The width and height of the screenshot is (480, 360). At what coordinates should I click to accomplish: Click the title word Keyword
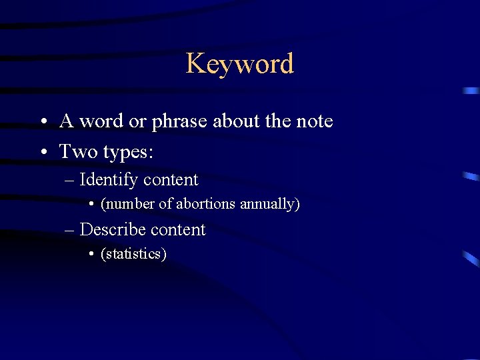point(239,64)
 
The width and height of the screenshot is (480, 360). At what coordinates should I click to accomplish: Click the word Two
point(79,152)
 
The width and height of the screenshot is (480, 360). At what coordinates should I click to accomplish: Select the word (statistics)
point(133,254)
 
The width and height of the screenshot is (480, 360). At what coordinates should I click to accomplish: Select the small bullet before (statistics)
point(92,254)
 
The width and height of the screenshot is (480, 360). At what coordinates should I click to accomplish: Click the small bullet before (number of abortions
point(92,204)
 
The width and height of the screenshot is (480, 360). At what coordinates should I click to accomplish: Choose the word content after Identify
point(171,180)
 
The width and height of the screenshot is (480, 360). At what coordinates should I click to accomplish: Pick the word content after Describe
point(178,230)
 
